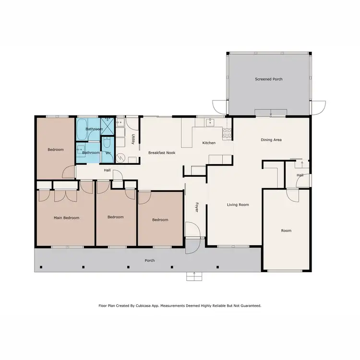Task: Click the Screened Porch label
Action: [x=268, y=79]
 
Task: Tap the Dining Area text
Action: [x=271, y=140]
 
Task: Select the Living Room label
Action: [x=238, y=204]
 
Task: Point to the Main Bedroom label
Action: [x=66, y=217]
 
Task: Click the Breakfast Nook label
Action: [x=161, y=152]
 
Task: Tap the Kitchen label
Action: [x=209, y=143]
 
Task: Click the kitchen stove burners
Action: [x=227, y=133]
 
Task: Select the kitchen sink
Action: [x=210, y=123]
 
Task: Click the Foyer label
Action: [x=196, y=207]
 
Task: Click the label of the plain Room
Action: [x=286, y=230]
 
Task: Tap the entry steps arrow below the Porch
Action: [x=194, y=275]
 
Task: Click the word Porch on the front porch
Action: [x=150, y=260]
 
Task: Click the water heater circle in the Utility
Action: [x=120, y=157]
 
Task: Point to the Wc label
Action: [x=108, y=153]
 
